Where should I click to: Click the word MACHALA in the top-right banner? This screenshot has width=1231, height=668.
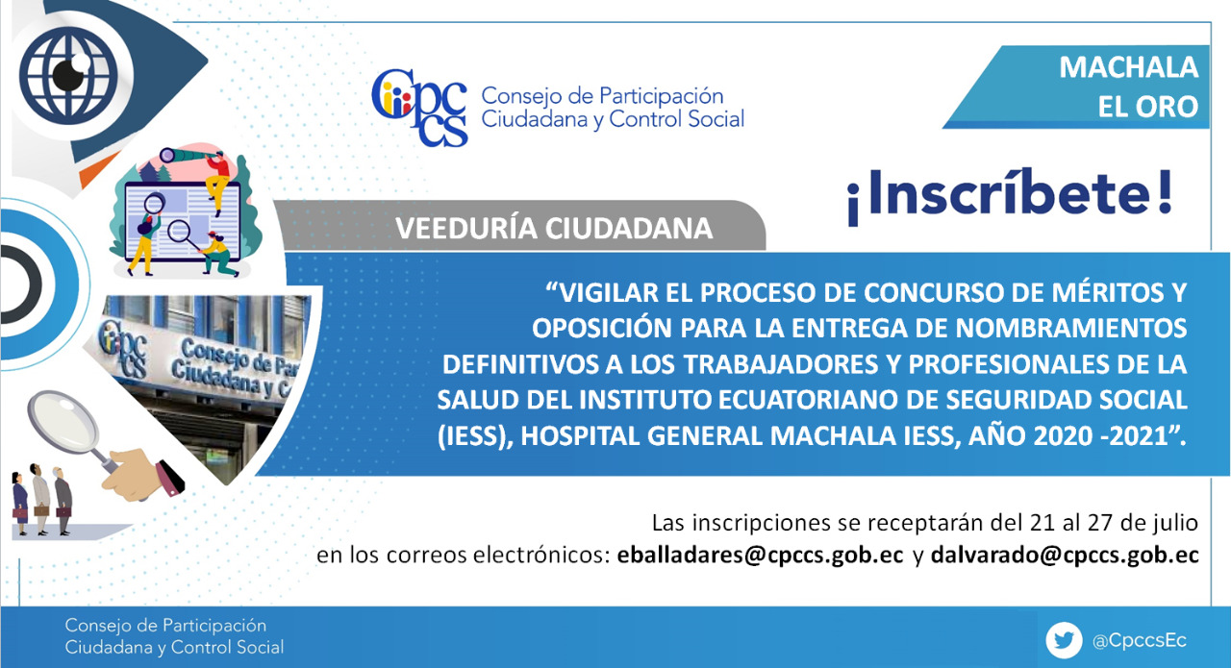[x=1128, y=67]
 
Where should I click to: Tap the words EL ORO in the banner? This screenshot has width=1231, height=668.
[x=1147, y=107]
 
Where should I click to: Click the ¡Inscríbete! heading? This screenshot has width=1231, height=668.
[x=1010, y=195]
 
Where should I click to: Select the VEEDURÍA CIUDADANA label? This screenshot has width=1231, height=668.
[x=554, y=229]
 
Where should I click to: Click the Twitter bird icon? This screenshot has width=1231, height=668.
[x=1064, y=640]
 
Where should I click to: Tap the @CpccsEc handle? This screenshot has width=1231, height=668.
[x=1140, y=640]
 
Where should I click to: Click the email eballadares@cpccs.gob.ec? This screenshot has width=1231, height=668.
[x=760, y=556]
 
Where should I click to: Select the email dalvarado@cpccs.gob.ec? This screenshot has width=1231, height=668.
[x=1065, y=556]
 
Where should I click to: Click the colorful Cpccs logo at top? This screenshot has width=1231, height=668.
[x=419, y=108]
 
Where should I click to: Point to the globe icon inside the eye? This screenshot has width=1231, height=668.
[x=68, y=75]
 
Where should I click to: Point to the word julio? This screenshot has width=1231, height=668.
[x=1175, y=523]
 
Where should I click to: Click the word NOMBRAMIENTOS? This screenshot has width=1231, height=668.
[x=1071, y=328]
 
